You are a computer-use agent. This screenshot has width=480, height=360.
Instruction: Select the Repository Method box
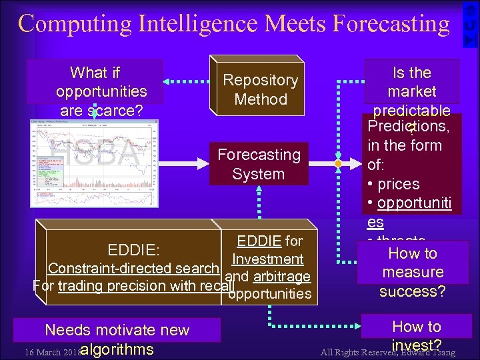[x=260, y=89]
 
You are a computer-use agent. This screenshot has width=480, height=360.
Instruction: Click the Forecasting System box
[x=259, y=164]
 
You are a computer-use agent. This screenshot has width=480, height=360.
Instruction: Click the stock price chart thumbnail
[x=95, y=163]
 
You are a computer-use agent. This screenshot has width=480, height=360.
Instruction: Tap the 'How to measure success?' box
[x=412, y=272]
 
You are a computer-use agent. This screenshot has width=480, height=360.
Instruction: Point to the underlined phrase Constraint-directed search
[x=133, y=269]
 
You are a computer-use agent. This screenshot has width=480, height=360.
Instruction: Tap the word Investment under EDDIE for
[x=268, y=259]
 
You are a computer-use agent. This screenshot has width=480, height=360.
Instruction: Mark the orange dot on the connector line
[x=338, y=163]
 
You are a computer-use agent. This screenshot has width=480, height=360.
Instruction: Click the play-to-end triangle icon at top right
[x=470, y=40]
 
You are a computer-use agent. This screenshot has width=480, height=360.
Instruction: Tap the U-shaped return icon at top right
[x=470, y=24]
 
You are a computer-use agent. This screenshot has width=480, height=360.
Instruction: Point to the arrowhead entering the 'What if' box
[x=168, y=82]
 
